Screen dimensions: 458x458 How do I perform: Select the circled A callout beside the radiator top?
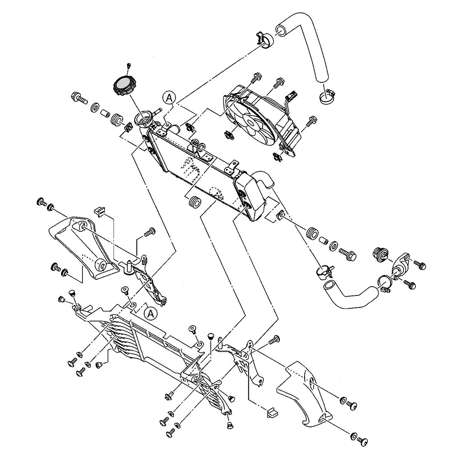169,97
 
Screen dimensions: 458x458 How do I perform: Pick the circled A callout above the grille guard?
149,313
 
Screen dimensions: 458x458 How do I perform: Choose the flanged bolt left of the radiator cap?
78,98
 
